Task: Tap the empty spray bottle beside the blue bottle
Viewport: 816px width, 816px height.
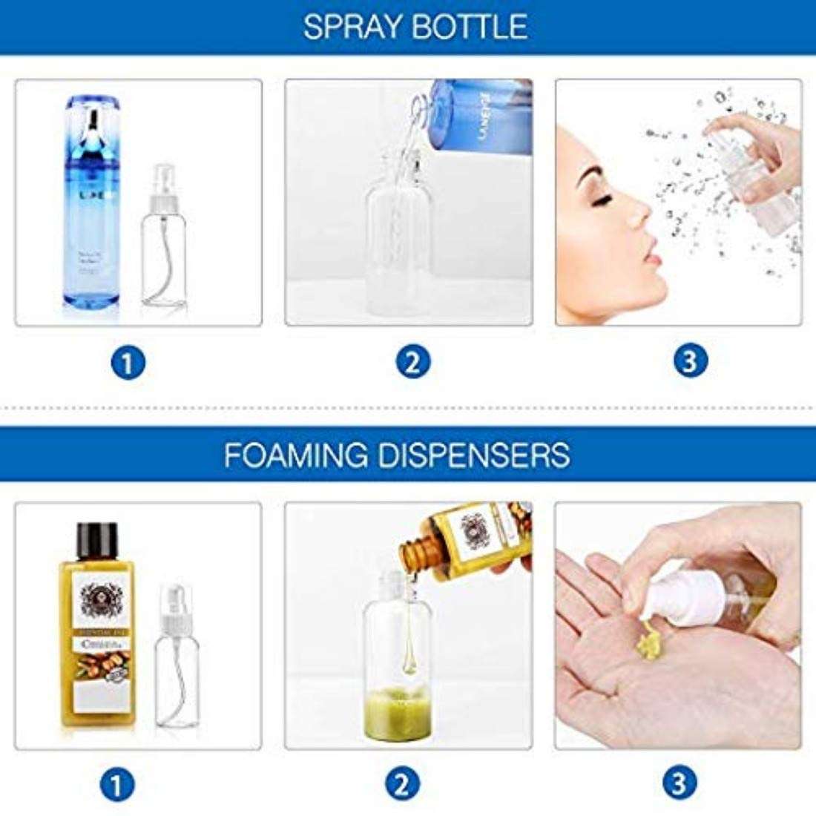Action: click(x=164, y=252)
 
